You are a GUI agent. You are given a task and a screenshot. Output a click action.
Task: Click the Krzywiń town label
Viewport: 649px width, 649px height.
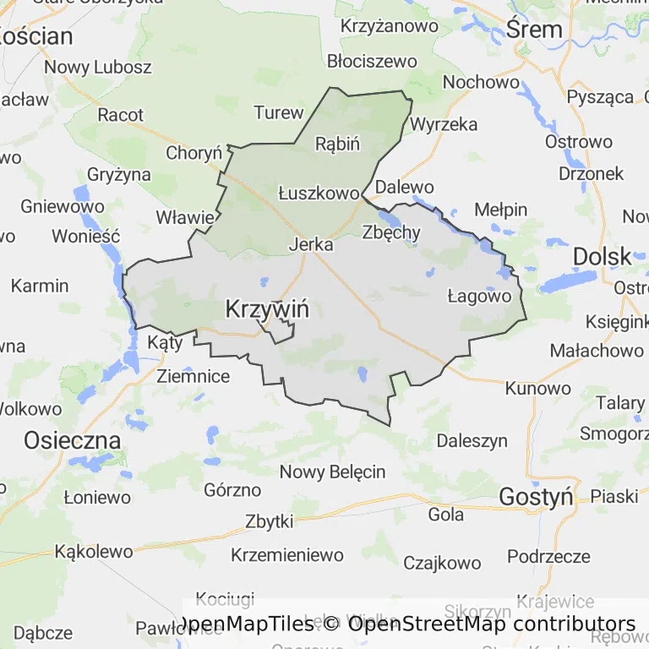[267, 309]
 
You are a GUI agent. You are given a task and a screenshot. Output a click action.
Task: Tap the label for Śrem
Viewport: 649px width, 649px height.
[534, 30]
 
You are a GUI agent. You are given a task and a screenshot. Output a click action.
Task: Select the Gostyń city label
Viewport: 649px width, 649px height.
[536, 497]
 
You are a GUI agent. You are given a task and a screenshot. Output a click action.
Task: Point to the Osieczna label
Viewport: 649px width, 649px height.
[72, 440]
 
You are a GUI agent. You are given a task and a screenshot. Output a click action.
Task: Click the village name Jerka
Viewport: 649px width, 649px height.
[311, 244]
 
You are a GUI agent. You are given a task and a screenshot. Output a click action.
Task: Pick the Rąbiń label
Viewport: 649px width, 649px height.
[337, 143]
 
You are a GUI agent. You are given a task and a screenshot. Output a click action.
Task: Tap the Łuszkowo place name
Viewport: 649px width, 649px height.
[319, 194]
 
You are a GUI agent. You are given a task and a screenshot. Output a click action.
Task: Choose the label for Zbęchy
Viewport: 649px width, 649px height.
[390, 233]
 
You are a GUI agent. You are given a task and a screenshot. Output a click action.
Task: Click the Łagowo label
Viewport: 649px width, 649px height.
[479, 296]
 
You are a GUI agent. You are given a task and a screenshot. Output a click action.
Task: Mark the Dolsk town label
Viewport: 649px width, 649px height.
[602, 256]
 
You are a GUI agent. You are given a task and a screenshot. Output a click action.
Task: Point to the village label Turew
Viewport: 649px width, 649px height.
[278, 112]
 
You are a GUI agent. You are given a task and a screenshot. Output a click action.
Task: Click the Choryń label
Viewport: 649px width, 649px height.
[194, 153]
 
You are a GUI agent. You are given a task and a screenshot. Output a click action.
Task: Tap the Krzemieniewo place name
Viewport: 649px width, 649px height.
[287, 555]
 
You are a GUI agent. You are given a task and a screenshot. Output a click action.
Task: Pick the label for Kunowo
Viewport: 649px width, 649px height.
[537, 389]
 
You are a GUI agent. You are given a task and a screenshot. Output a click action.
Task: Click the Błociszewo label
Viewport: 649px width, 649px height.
[372, 61]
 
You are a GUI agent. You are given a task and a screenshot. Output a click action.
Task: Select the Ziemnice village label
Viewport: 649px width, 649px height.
[193, 376]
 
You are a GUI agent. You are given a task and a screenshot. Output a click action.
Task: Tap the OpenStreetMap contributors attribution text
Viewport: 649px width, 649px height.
[491, 624]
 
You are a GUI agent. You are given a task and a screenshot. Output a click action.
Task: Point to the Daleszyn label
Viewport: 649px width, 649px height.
[472, 440]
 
